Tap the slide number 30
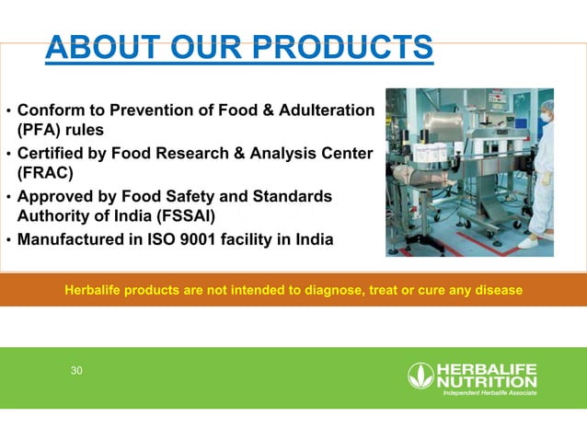(76, 371)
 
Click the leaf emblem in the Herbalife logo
(420, 376)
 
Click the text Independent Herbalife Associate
(489, 393)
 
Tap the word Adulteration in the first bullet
(328, 110)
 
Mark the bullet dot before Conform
(8, 111)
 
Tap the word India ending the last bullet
(314, 240)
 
